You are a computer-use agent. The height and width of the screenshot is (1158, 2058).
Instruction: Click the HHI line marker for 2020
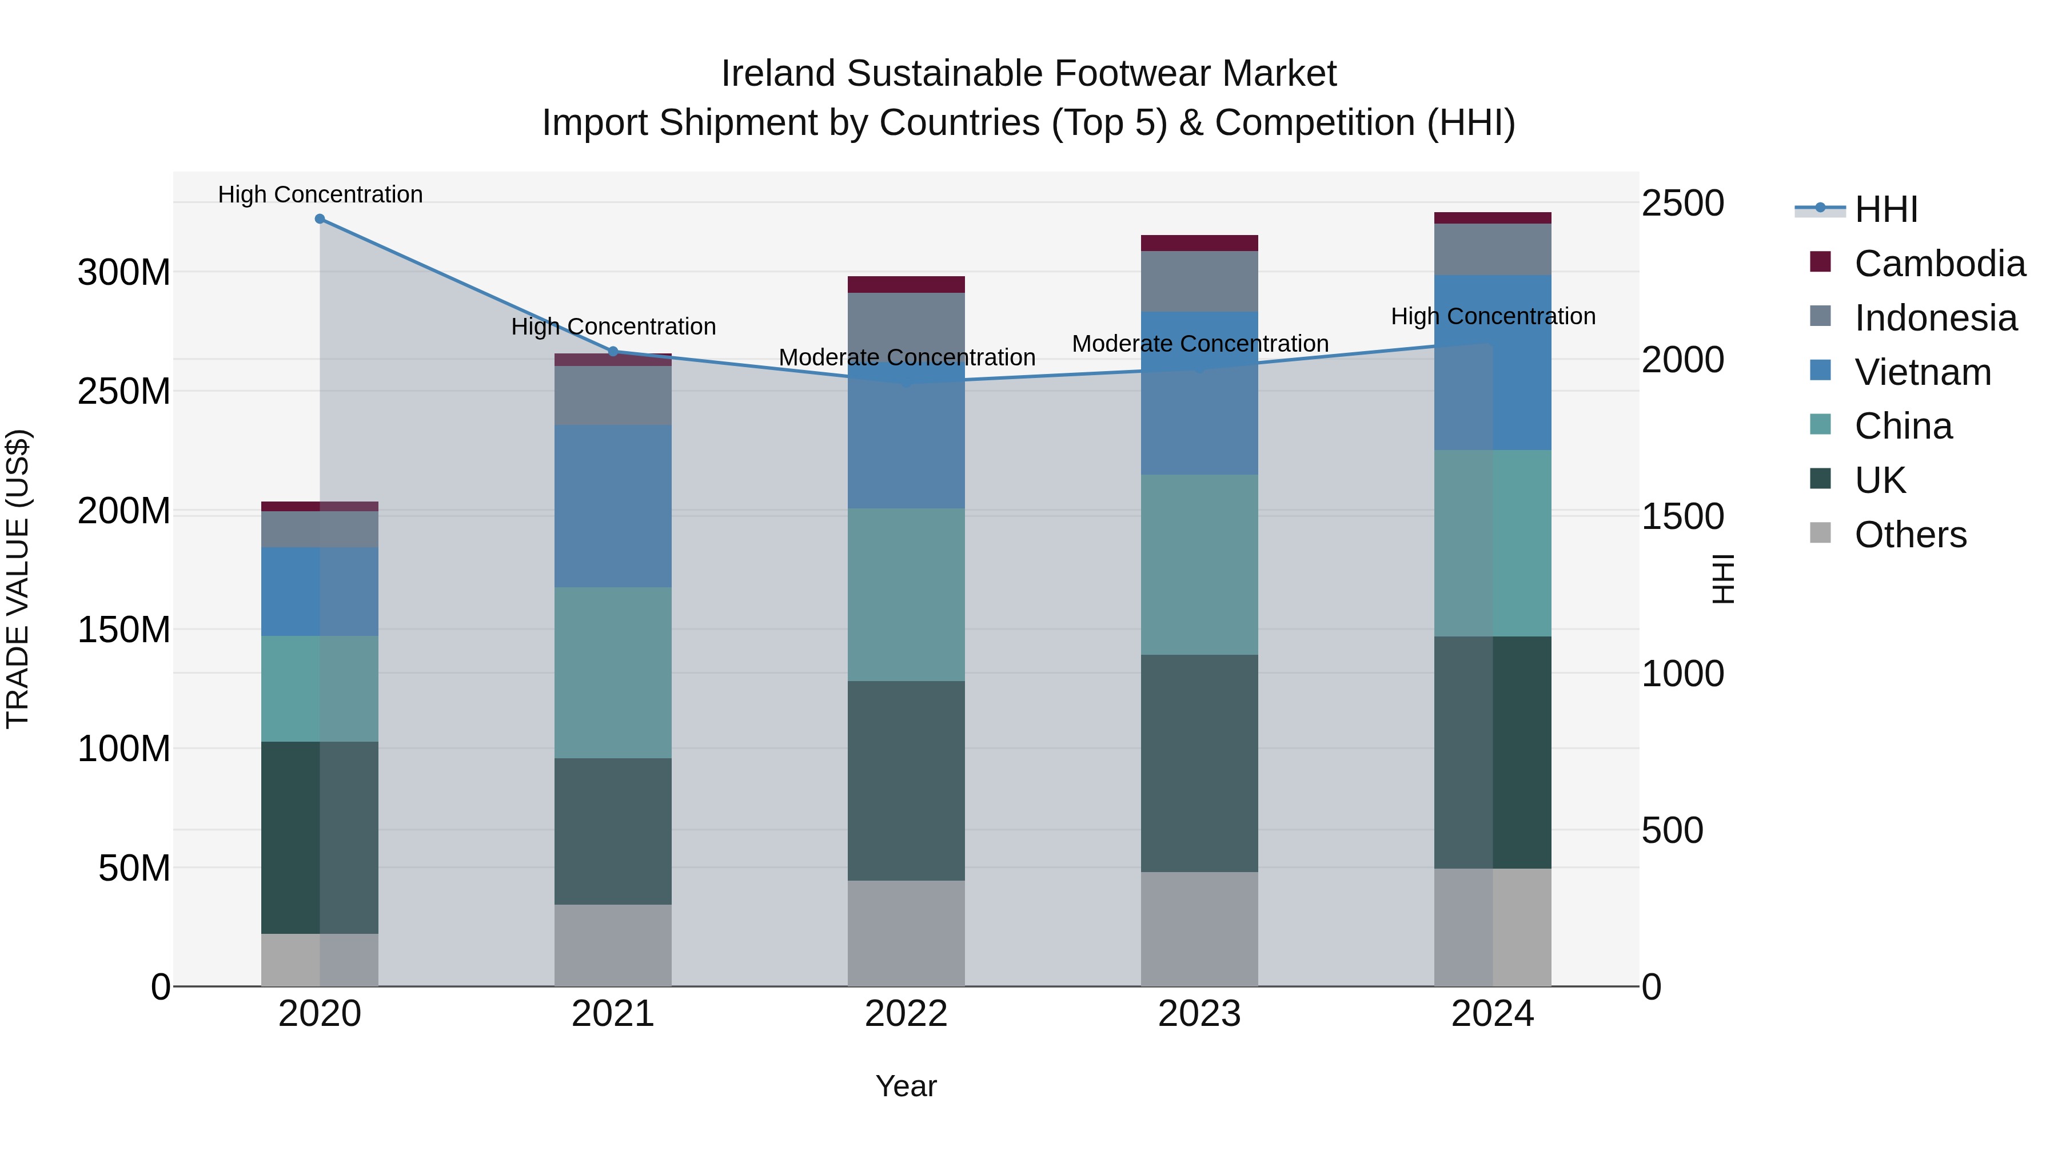[x=320, y=219]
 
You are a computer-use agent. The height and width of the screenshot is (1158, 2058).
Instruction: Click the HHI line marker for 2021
[x=613, y=352]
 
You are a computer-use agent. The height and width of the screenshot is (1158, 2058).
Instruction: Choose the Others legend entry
[x=1910, y=535]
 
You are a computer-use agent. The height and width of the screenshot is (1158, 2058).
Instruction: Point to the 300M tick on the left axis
[x=124, y=273]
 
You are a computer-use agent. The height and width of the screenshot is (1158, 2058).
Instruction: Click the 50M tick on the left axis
[x=134, y=868]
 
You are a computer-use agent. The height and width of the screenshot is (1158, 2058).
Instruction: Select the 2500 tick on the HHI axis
[x=1682, y=203]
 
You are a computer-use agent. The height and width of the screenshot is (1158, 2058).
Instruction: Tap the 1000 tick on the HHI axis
[x=1682, y=674]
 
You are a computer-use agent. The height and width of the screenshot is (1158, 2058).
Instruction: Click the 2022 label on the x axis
[x=906, y=1014]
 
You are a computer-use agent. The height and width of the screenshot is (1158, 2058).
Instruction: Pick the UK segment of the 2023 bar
[x=1199, y=763]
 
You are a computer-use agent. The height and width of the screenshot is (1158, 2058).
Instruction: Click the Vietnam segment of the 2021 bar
[x=613, y=506]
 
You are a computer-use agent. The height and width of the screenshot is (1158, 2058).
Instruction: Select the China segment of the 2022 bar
[x=906, y=595]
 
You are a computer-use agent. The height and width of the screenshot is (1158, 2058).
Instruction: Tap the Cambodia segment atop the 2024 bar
[x=1493, y=218]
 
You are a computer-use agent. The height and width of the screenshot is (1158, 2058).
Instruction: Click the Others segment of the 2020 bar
[x=320, y=959]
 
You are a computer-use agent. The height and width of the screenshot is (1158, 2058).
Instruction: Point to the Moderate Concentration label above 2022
[x=907, y=357]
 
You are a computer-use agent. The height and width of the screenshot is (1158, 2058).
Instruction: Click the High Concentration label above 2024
[x=1493, y=316]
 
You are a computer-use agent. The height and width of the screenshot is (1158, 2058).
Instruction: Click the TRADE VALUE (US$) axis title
[x=18, y=579]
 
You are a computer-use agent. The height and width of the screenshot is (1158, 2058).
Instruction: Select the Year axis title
[x=906, y=1086]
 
